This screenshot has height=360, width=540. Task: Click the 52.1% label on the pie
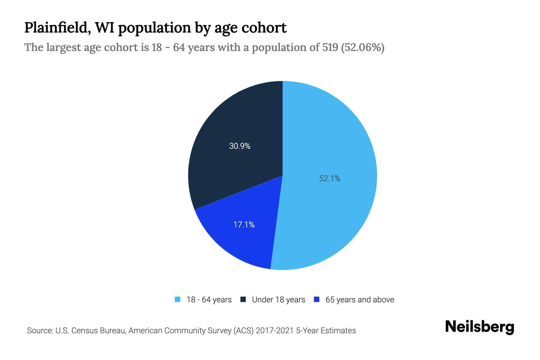(x=329, y=178)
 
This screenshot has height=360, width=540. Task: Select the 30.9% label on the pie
(x=240, y=146)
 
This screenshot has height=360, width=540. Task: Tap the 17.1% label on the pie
(x=244, y=224)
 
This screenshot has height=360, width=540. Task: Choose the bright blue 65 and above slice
(x=240, y=243)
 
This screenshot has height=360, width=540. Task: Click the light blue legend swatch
(x=178, y=299)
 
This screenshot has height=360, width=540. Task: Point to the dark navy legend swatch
(x=243, y=299)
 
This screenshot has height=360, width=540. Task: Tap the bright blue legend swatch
(x=316, y=299)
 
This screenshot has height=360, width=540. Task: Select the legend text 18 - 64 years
(x=209, y=300)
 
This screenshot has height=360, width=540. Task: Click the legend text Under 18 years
(x=278, y=300)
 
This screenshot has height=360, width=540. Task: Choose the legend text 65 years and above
(x=360, y=300)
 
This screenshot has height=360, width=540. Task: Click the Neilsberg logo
(x=479, y=327)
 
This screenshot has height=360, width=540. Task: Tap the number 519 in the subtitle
(x=330, y=47)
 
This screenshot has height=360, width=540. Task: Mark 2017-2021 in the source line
(x=274, y=331)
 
